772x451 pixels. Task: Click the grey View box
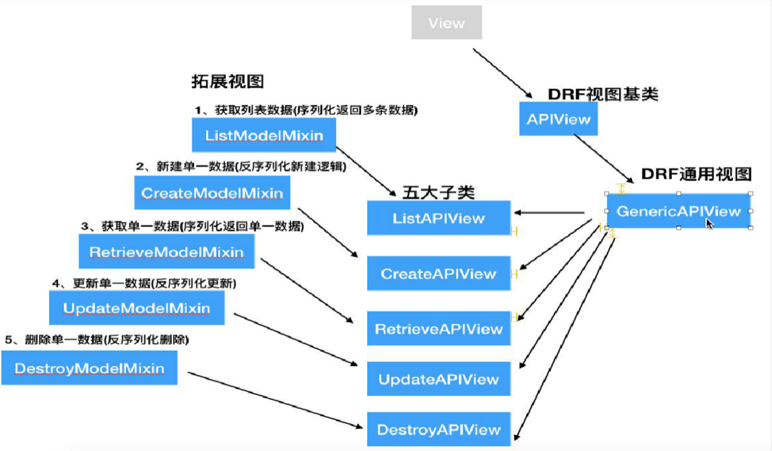pyautogui.click(x=446, y=23)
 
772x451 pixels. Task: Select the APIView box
pyautogui.click(x=558, y=119)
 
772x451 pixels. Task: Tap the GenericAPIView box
pyautogui.click(x=678, y=211)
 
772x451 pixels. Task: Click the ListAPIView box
pyautogui.click(x=438, y=218)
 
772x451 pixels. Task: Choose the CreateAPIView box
pyautogui.click(x=438, y=273)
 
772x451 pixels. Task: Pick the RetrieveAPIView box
pyautogui.click(x=438, y=328)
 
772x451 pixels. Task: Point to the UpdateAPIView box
pyautogui.click(x=438, y=379)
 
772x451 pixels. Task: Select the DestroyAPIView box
pyautogui.click(x=438, y=429)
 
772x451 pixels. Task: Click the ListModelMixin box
pyautogui.click(x=263, y=136)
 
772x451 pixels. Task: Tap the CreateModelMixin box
pyautogui.click(x=212, y=193)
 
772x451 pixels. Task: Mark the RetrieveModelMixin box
pyautogui.click(x=166, y=252)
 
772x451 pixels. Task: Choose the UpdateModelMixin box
pyautogui.click(x=136, y=308)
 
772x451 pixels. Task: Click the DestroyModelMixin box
pyautogui.click(x=89, y=368)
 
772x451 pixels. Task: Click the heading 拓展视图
pyautogui.click(x=227, y=81)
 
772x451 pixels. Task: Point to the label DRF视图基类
pyautogui.click(x=602, y=94)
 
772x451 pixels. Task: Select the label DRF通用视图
pyautogui.click(x=696, y=174)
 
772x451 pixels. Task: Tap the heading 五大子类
pyautogui.click(x=438, y=193)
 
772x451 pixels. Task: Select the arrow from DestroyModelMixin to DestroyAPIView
pyautogui.click(x=275, y=399)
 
